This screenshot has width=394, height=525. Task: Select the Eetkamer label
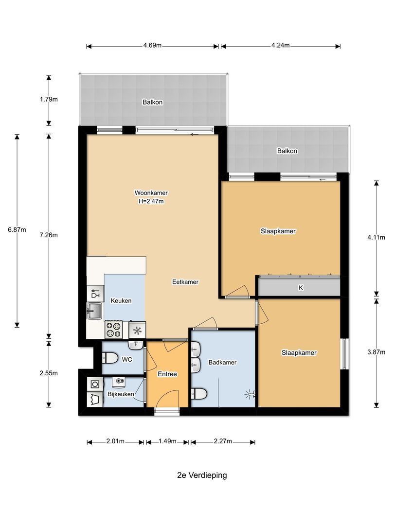pos(185,282)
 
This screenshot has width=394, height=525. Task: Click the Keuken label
pos(121,301)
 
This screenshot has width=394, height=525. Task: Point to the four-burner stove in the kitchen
pos(114,330)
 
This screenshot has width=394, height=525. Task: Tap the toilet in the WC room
pos(109,359)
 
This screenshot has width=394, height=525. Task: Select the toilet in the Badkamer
pos(199,393)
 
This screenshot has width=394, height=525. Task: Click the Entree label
pos(167,374)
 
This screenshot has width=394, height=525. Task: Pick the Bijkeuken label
pos(121,394)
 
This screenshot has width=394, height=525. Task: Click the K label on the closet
pos(301,288)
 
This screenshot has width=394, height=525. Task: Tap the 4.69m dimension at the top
pos(152,46)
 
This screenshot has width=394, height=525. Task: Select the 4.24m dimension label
pos(280,46)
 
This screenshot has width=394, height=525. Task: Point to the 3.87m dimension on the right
pos(376,352)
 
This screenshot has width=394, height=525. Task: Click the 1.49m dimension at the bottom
pos(167,442)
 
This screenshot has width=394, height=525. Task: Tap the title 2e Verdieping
pos(202,475)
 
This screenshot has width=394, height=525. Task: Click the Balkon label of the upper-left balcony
pos(152,103)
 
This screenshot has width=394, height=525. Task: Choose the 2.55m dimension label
pos(49,373)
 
